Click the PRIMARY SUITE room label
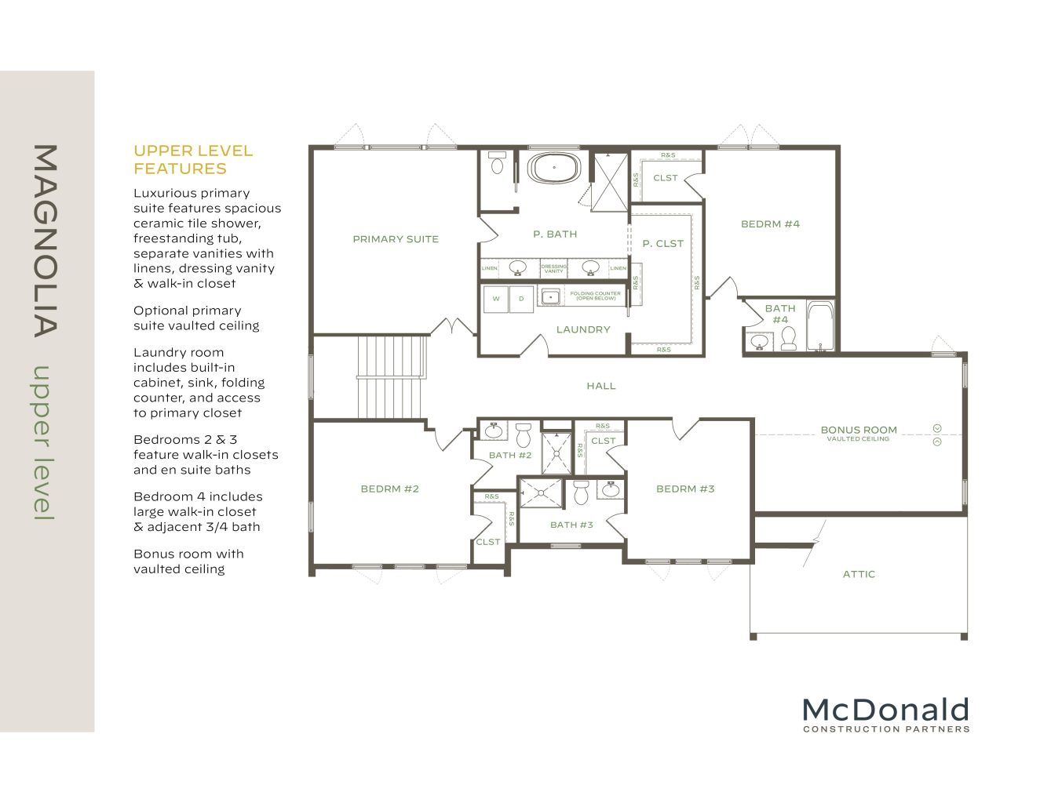pos(396,239)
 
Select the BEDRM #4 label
pos(770,224)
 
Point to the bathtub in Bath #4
pos(820,325)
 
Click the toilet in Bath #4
pos(789,338)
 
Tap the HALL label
pos(601,386)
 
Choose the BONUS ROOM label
pos(858,430)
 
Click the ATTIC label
pos(859,574)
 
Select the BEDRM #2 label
pos(389,489)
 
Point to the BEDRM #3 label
pos(685,489)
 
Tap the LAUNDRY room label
pos(583,329)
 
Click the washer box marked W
pos(496,299)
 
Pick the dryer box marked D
pos(521,299)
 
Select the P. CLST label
pos(663,244)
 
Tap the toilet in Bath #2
pos(524,434)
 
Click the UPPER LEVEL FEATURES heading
pos(193,159)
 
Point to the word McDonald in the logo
pos(885,710)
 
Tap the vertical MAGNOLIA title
pos(46,240)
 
